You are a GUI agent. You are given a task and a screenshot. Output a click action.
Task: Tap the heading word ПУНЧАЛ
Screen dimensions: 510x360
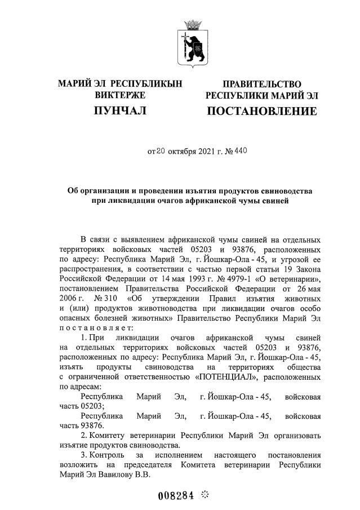[120, 111]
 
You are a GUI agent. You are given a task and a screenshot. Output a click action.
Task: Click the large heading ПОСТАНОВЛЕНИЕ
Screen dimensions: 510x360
[261, 111]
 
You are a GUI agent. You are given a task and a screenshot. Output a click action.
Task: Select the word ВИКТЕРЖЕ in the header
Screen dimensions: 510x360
[120, 95]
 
